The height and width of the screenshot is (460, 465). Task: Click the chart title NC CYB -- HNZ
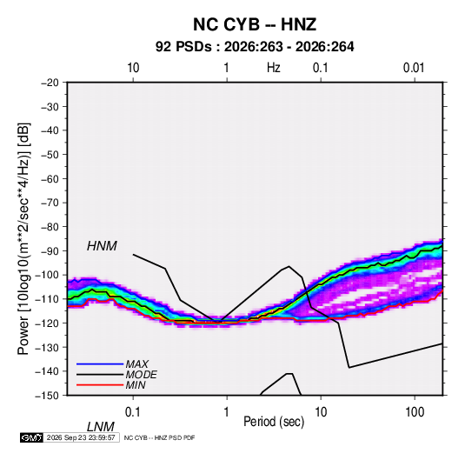coord(255,24)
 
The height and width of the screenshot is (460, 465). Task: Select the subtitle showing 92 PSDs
coord(255,47)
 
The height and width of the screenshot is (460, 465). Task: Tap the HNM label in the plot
coord(102,246)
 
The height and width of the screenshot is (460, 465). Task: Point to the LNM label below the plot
coord(101,427)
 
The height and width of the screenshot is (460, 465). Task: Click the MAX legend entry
coord(136,363)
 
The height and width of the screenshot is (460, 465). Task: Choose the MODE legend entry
coord(141,375)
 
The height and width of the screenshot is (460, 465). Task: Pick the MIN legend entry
coord(136,385)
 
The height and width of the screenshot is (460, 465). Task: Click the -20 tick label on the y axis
coord(50,83)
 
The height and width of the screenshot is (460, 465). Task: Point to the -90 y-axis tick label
coord(50,250)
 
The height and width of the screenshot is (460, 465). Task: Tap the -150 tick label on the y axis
coord(47,396)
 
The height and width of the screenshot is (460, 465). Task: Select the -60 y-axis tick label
coord(50,178)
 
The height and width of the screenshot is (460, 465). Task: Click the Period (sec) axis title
coord(274,422)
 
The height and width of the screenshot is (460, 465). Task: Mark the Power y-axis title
coord(23,239)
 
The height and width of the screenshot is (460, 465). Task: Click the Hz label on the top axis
coord(274,68)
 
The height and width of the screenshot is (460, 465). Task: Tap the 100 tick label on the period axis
coord(415,412)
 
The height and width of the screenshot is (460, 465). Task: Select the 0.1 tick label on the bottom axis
coord(133,412)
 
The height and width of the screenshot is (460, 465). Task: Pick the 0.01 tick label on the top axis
coord(414,68)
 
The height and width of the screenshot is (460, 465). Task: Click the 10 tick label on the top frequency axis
coord(133,68)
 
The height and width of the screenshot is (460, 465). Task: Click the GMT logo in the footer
coord(31,437)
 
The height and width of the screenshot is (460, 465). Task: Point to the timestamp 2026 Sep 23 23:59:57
coord(81,437)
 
